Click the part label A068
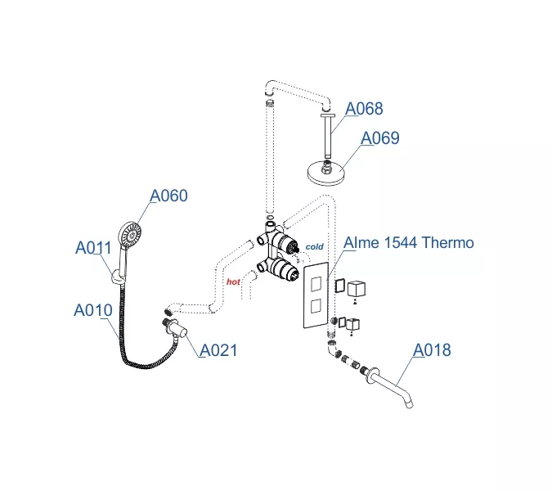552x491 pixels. coord(364,109)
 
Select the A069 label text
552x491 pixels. coord(380,138)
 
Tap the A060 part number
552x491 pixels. coord(168,196)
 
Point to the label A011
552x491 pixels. coord(94,247)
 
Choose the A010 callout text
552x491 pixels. coord(92,311)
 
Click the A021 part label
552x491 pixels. coord(218,350)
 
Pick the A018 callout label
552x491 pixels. coord(431,350)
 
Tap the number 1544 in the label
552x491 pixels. coord(396,243)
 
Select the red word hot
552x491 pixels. coord(233,281)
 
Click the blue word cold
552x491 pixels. coord(314,246)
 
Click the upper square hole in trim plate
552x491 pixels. coord(316,283)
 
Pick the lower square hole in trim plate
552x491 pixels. coord(316,307)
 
